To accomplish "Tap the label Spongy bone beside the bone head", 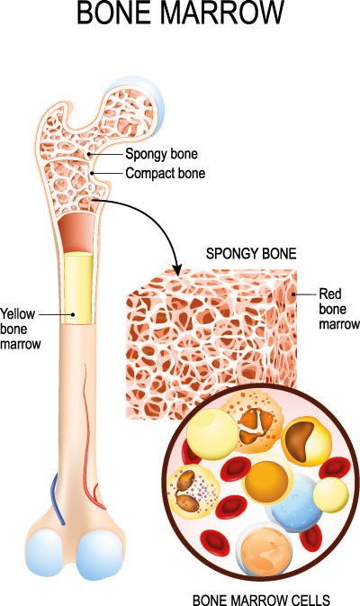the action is (161, 154).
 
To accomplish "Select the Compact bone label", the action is (166, 173).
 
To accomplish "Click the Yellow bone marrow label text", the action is (20, 329).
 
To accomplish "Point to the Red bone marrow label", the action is (338, 309).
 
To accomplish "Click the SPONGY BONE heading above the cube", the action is (251, 254).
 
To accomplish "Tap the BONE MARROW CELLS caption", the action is (261, 600).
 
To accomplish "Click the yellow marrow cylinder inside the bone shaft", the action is (78, 288).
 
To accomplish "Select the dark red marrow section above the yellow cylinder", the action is (76, 232).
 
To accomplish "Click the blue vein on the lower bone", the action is (58, 499).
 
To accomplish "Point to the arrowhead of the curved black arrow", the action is (177, 270).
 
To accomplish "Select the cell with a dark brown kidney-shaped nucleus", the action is (306, 441).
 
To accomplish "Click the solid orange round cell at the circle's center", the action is (267, 478).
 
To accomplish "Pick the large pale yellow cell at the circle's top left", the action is (212, 434).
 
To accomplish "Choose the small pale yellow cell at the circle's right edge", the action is (330, 495).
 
